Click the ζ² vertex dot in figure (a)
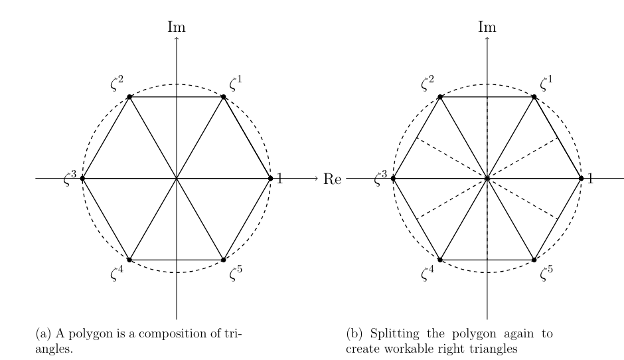(129, 97)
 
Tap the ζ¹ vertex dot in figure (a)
(223, 97)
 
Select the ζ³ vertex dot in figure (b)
(393, 179)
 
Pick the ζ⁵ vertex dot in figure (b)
(534, 260)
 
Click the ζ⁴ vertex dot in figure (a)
(129, 260)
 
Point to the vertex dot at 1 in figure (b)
(581, 179)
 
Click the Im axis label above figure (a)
(177, 27)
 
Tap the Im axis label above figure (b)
(487, 27)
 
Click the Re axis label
(333, 179)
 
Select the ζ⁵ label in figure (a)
(236, 273)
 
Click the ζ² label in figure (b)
(428, 83)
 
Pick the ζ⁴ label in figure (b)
(428, 273)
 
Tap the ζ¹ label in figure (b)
(546, 83)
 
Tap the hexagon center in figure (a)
(177, 179)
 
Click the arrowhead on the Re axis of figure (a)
(317, 179)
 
